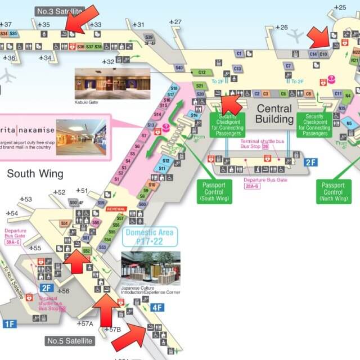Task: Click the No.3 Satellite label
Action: tap(59, 11)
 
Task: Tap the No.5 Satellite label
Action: tap(70, 341)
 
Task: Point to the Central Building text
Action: tap(274, 114)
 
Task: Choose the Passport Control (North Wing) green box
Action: tap(333, 191)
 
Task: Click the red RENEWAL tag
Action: tap(115, 209)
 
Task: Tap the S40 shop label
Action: tap(179, 67)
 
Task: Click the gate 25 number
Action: tap(341, 7)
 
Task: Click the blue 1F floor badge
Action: tap(10, 323)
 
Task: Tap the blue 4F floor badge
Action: tap(158, 307)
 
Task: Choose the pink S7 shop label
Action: tap(144, 136)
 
